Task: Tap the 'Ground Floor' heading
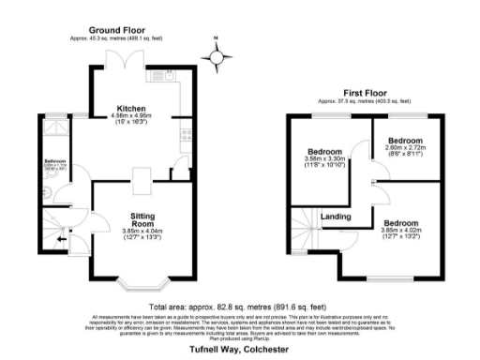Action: coord(117,30)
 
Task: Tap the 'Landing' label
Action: coord(336,217)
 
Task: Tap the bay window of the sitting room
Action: coord(142,277)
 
